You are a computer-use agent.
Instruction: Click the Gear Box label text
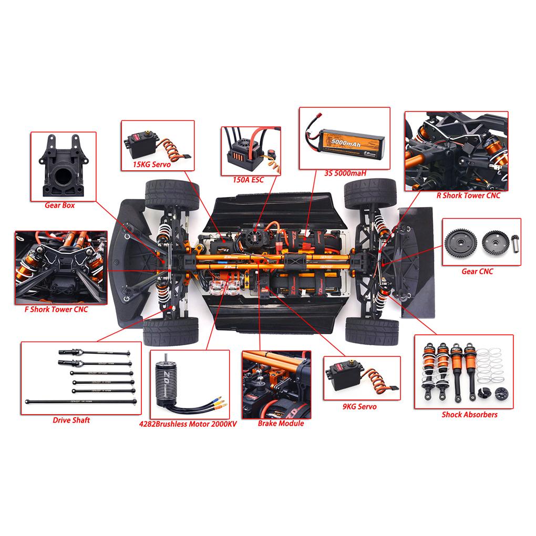(59, 205)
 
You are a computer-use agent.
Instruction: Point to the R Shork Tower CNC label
(468, 195)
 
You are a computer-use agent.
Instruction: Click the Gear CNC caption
(477, 271)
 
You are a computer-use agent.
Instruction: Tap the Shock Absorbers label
(469, 414)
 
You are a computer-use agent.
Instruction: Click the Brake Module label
(281, 423)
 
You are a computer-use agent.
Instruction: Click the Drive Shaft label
(71, 420)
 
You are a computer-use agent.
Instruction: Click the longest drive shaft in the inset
(81, 402)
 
